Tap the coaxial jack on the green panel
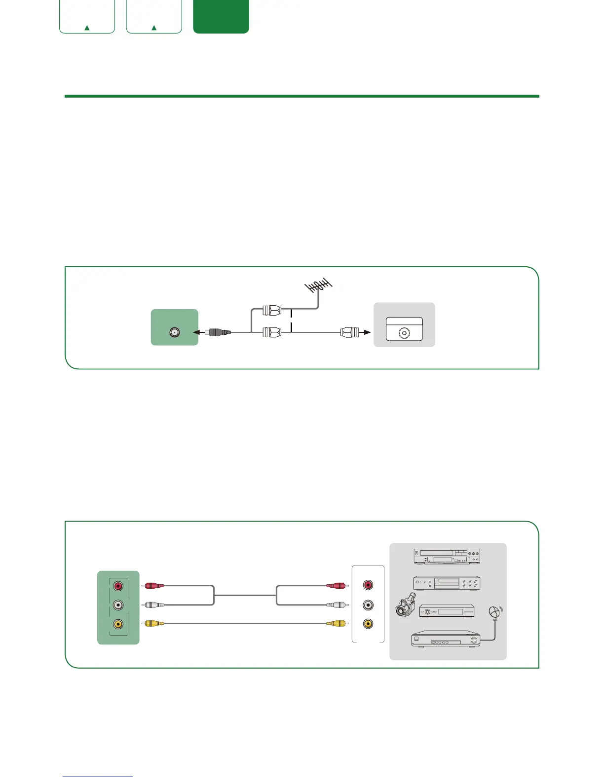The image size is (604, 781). pos(174,332)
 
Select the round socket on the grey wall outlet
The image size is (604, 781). pos(404,333)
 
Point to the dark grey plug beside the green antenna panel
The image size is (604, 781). pos(220,332)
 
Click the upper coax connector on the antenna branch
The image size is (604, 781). pos(271,311)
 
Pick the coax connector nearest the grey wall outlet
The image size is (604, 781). pos(350,332)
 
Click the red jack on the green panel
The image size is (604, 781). pos(118,586)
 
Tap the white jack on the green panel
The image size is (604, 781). pos(118,605)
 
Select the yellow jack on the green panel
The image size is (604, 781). pos(118,624)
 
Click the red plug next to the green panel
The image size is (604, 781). pos(154,586)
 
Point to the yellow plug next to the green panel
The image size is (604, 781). pos(154,624)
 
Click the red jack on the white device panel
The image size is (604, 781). pos(368,585)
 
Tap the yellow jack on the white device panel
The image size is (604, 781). pos(368,624)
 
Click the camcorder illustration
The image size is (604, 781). pos(406,605)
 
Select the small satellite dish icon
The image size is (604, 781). pos(495,612)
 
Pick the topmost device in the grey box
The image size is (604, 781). pos(446,556)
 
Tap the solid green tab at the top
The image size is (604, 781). pos(221,17)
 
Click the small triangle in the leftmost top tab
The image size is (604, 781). pos(87,28)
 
